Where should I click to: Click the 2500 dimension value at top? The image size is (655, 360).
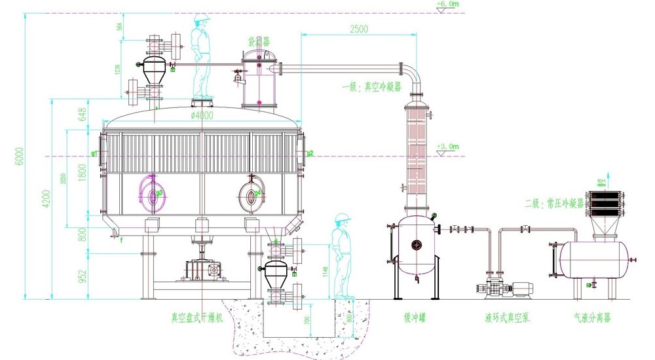point(358,28)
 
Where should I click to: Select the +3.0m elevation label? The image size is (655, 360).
point(447,146)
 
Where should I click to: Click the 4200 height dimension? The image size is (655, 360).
point(47,198)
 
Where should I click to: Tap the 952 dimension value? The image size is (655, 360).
point(83,275)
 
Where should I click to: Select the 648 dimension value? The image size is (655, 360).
point(83,115)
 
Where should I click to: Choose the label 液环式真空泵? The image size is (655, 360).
point(507,318)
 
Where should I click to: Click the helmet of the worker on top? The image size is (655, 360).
point(202,18)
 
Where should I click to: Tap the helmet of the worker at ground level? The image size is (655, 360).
point(341,218)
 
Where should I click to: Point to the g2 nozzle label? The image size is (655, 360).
point(310,154)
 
